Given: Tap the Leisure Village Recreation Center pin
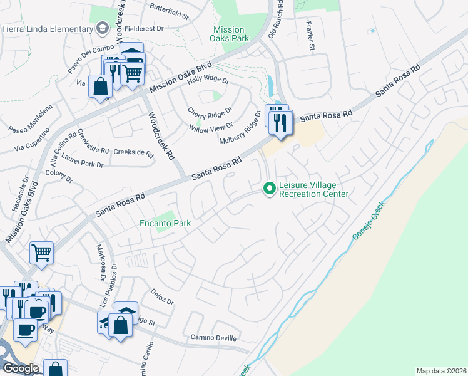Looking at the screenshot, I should click(270, 188).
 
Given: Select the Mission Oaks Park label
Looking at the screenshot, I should click(229, 34).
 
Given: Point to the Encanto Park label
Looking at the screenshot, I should click(165, 223).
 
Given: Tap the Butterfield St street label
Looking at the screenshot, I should click(169, 11).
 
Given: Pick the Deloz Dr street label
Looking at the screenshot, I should click(162, 296).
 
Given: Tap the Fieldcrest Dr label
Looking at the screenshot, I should click(143, 29).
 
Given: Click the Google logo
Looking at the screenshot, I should click(20, 368).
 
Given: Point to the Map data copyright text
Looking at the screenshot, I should click(441, 371).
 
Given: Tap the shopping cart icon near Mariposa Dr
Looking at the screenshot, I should click(41, 253).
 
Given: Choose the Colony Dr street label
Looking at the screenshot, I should click(59, 176).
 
